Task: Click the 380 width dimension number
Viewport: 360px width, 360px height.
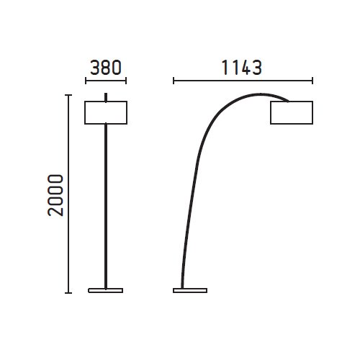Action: [x=106, y=68]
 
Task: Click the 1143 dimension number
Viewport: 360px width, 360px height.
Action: [x=241, y=68]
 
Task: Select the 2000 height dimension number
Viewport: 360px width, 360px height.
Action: [x=55, y=195]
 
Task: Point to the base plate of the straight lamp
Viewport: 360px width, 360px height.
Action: [x=106, y=290]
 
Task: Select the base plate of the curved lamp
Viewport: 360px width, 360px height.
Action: [x=190, y=290]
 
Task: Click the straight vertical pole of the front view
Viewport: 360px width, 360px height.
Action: [x=106, y=206]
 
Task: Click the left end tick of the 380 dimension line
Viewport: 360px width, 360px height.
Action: [x=86, y=81]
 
